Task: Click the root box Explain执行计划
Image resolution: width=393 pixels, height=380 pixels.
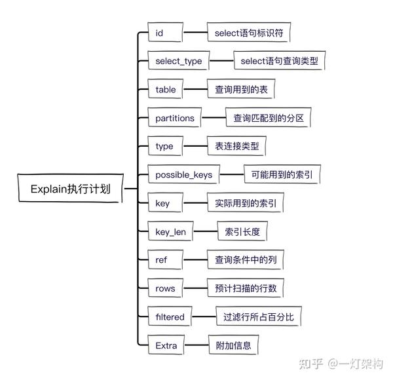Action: click(x=71, y=188)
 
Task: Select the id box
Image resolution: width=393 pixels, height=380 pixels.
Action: click(x=166, y=32)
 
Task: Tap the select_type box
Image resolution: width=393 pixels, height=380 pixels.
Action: click(x=178, y=60)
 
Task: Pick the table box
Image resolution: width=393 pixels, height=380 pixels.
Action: click(x=166, y=89)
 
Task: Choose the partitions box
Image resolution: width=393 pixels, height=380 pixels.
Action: click(x=175, y=117)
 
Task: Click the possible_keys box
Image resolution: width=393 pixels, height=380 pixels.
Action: click(x=183, y=174)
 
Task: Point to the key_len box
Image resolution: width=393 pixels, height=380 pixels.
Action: click(x=170, y=231)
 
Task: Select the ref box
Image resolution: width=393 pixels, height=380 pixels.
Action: click(x=166, y=259)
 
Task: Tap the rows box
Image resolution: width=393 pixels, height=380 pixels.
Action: click(x=166, y=288)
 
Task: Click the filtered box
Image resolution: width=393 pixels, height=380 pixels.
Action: click(x=170, y=316)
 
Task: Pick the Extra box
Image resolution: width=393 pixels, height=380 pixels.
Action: click(x=166, y=345)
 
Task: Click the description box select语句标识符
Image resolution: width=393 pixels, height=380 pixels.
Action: click(x=249, y=32)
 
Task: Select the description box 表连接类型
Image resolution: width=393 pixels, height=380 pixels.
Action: click(x=236, y=146)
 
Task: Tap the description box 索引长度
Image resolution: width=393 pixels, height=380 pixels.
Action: click(x=242, y=231)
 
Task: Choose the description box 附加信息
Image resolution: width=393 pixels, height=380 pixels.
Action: click(x=233, y=345)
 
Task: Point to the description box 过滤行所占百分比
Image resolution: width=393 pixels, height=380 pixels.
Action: click(x=259, y=316)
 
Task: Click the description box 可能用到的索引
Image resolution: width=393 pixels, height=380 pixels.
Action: click(x=282, y=174)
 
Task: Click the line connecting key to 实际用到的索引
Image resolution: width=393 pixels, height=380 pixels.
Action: click(x=195, y=203)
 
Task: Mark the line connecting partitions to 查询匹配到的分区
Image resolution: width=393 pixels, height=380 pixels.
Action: click(x=214, y=117)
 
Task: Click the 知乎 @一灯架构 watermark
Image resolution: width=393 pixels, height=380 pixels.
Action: click(x=341, y=364)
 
